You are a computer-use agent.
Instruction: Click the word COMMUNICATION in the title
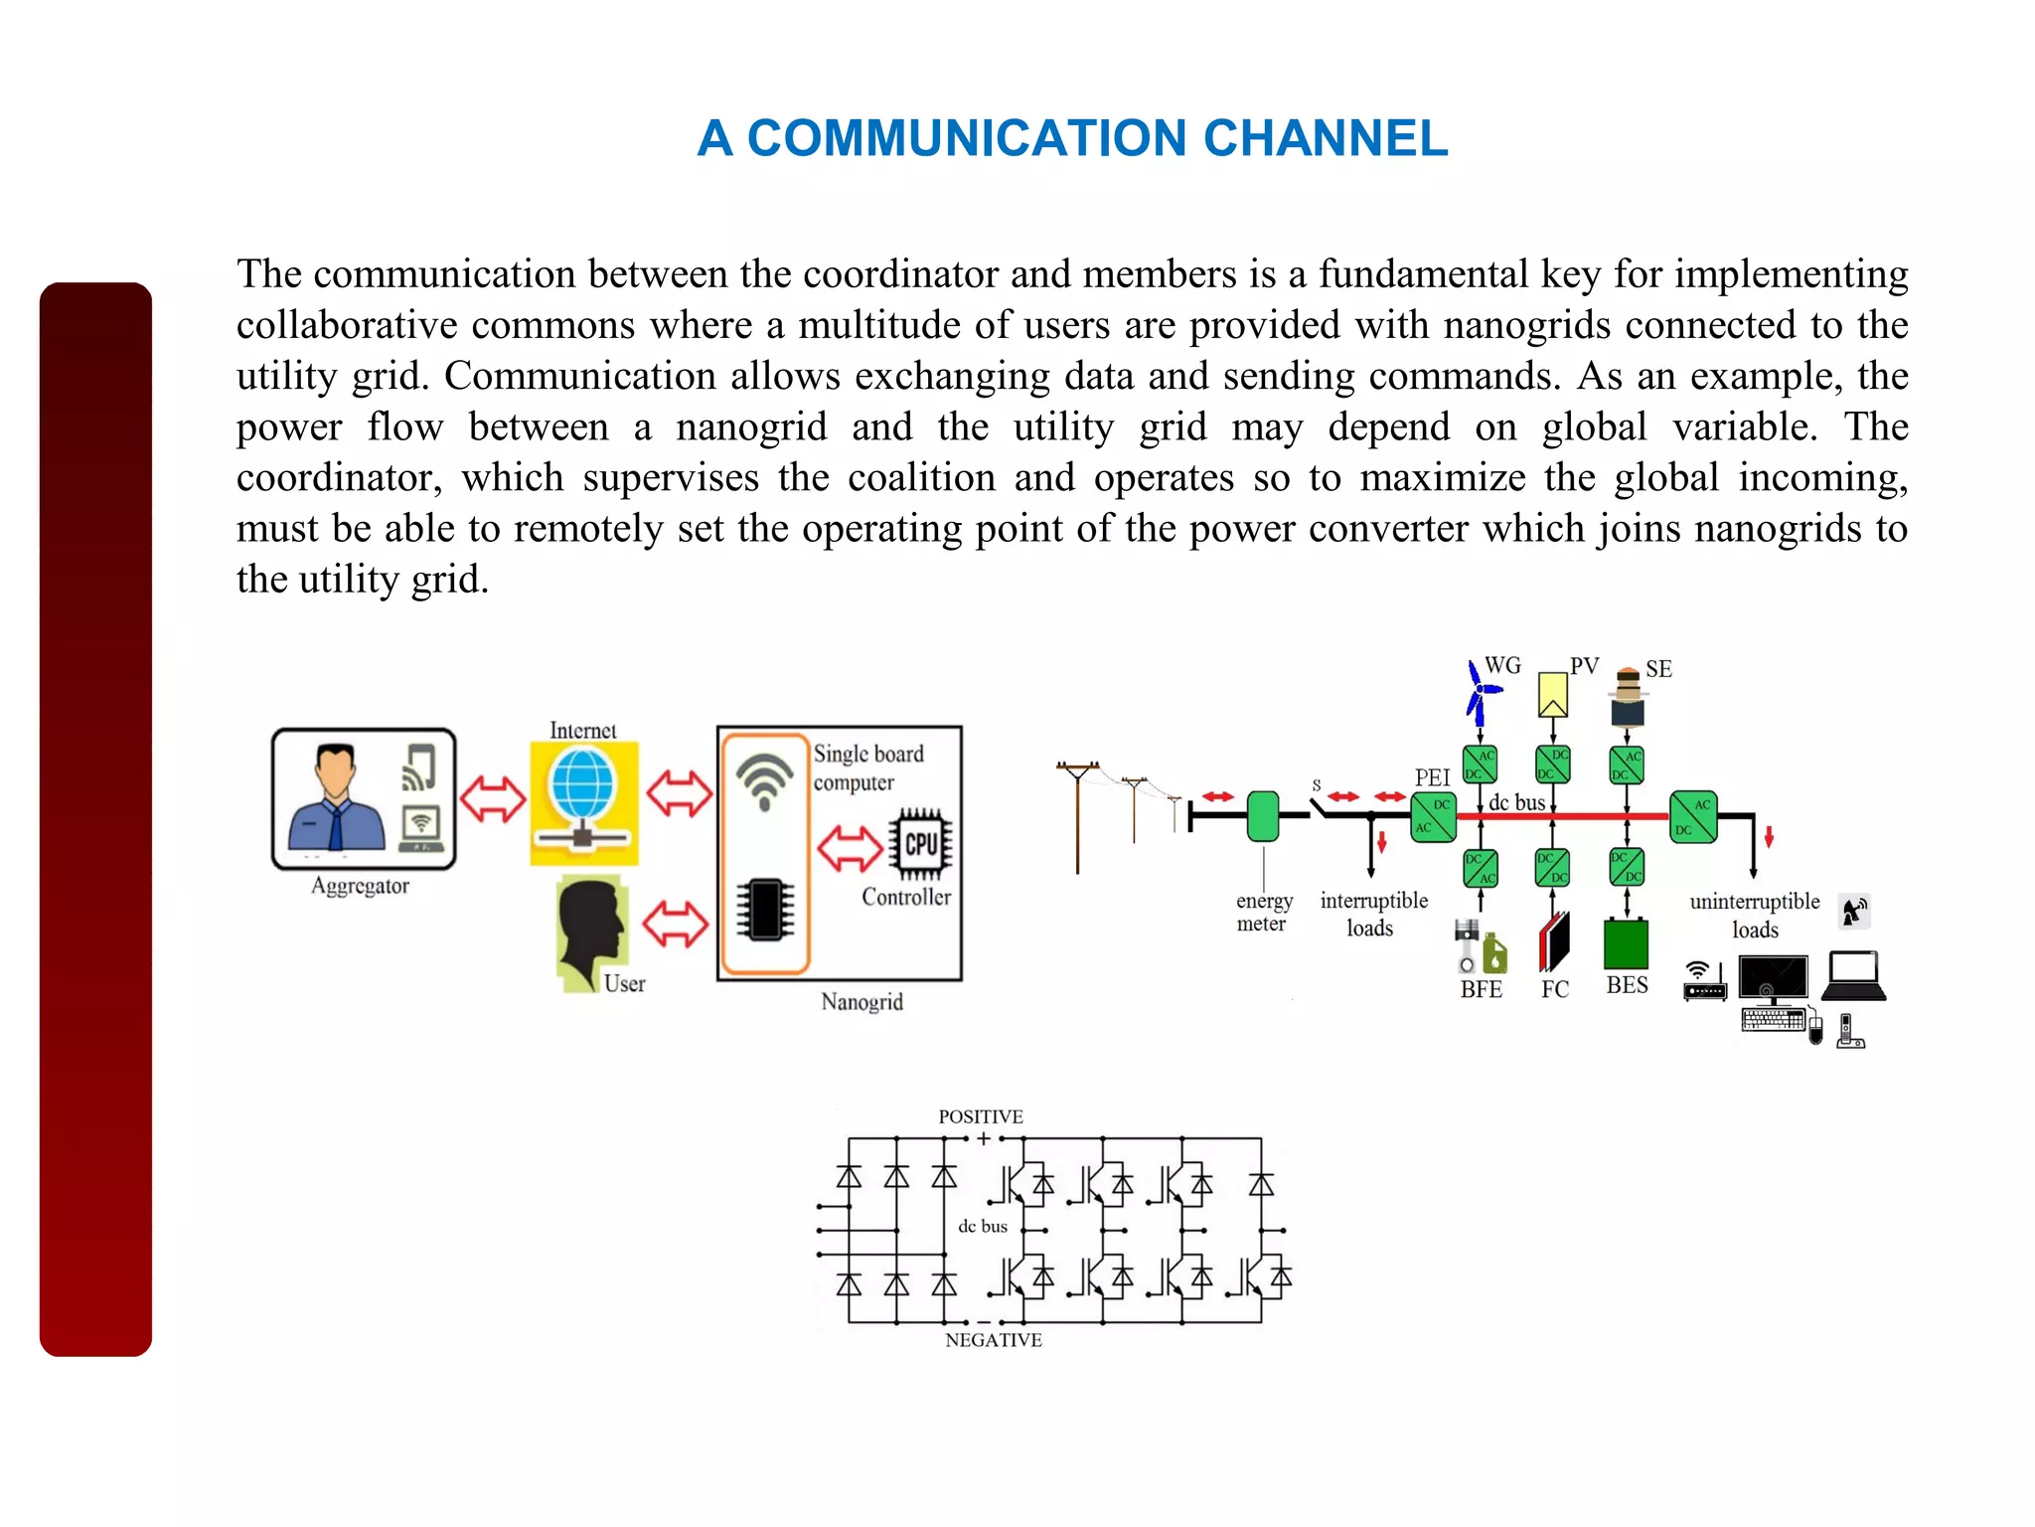coord(966,138)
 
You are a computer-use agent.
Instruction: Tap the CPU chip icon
coord(921,844)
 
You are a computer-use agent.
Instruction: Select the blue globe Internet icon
coord(582,784)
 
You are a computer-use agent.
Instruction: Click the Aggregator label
coord(360,886)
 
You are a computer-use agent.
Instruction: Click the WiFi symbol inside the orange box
coord(764,778)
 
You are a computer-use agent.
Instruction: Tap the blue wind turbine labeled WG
coord(1482,692)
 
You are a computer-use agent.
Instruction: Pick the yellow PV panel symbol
coord(1552,694)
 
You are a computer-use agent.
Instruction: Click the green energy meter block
coord(1263,816)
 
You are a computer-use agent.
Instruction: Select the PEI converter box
coord(1433,816)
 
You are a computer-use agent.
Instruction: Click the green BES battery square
coord(1626,943)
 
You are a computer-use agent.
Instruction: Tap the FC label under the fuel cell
coord(1555,989)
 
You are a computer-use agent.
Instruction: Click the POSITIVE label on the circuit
coord(980,1116)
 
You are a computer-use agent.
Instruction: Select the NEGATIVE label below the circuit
coord(993,1340)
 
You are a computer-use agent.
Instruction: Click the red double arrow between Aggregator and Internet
coord(493,798)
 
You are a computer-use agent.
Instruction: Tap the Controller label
coord(905,897)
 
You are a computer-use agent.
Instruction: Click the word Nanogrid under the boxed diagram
coord(861,1002)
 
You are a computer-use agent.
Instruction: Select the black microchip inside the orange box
coord(765,909)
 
